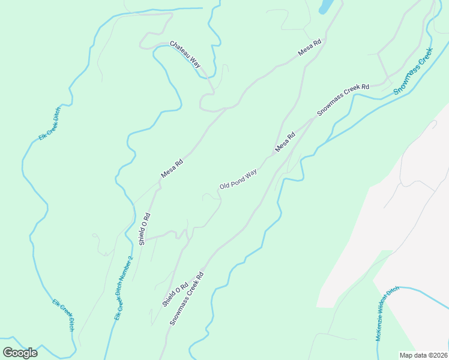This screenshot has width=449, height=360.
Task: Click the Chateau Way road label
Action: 185,54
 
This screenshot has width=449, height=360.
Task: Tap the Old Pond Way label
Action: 238,179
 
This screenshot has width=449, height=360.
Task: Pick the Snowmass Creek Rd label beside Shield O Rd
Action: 187,298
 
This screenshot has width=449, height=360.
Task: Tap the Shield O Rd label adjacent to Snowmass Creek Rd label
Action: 175,295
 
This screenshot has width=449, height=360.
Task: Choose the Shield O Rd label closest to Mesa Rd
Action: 144,229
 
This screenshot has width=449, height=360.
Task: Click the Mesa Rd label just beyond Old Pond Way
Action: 286,142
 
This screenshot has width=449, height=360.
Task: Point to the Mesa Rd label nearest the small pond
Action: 310,48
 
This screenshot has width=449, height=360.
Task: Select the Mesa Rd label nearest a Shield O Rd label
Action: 172,167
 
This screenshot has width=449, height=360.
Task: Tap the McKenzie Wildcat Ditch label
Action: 387,314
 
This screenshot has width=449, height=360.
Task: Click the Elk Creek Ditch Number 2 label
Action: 123,288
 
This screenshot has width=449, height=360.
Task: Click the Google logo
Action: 20,352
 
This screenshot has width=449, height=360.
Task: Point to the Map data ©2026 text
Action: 423,355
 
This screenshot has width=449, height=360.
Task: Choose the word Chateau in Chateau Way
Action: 181,50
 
